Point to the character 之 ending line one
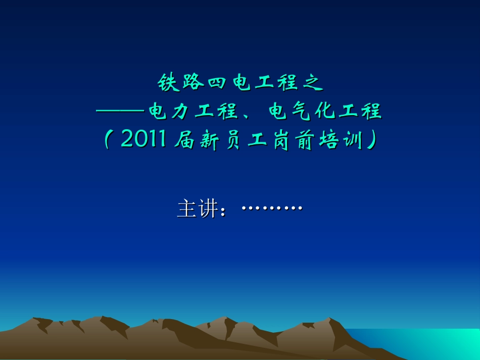(x=312, y=83)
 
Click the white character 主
(x=186, y=209)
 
